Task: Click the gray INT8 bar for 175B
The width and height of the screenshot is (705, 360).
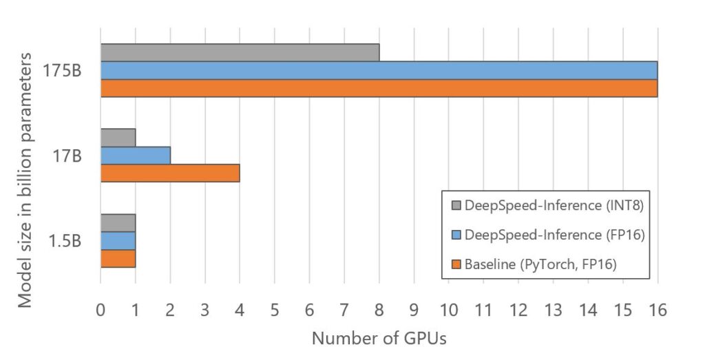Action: point(240,52)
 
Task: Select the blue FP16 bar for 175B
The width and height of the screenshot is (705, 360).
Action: point(379,70)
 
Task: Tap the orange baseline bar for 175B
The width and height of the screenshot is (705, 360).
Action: point(379,88)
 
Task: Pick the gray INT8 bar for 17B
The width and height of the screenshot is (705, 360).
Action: point(118,138)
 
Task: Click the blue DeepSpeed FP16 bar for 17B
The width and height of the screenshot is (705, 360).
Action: point(135,156)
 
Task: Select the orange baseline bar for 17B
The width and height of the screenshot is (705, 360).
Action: point(170,173)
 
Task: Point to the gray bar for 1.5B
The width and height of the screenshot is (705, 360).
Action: point(118,223)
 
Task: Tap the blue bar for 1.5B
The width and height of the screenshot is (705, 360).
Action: point(118,240)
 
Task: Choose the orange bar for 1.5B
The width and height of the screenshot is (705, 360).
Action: point(118,258)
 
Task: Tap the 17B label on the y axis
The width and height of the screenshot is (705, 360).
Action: point(67,156)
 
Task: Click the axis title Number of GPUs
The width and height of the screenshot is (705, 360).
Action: point(379,339)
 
